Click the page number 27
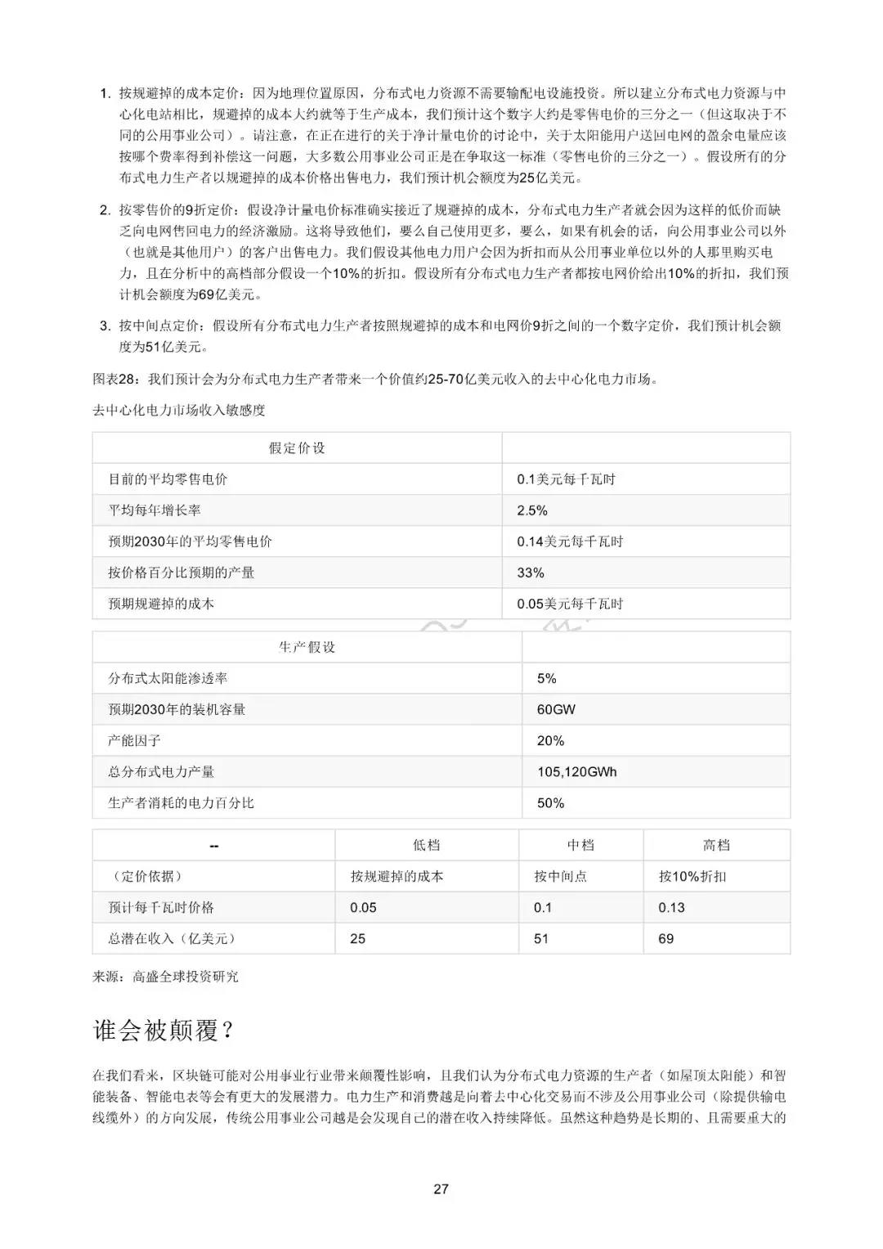pyautogui.click(x=441, y=1189)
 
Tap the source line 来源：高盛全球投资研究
pyautogui.click(x=165, y=977)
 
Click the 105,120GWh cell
pyautogui.click(x=576, y=772)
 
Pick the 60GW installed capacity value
pyautogui.click(x=556, y=710)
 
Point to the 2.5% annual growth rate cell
pyautogui.click(x=532, y=510)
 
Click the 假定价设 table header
pyautogui.click(x=297, y=448)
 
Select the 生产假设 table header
pyautogui.click(x=307, y=647)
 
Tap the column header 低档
pyautogui.click(x=426, y=845)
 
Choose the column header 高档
pyautogui.click(x=716, y=845)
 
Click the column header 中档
pyautogui.click(x=580, y=845)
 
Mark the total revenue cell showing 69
pyautogui.click(x=666, y=939)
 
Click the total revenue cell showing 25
pyautogui.click(x=358, y=939)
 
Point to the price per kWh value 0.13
pyautogui.click(x=671, y=908)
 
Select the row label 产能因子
pyautogui.click(x=134, y=741)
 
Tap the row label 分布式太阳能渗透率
pyautogui.click(x=168, y=679)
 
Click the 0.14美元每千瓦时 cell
pyautogui.click(x=570, y=541)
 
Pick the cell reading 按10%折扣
pyautogui.click(x=692, y=877)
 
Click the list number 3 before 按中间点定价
pyautogui.click(x=104, y=326)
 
